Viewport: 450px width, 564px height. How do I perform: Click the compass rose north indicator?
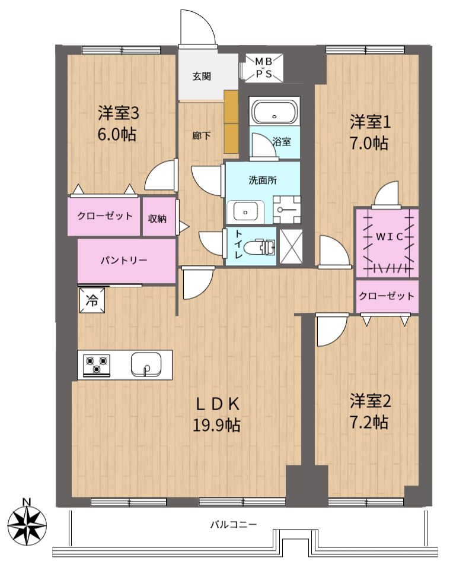(x=27, y=521)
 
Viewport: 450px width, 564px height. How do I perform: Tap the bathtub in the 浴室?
(x=275, y=112)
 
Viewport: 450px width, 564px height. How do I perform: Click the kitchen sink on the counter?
(x=146, y=364)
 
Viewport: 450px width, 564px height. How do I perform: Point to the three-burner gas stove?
(x=97, y=365)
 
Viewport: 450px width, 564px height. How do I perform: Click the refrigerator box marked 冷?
(x=92, y=300)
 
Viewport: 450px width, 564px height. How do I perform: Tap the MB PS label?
(x=264, y=68)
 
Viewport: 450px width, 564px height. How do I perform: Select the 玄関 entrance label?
(x=202, y=76)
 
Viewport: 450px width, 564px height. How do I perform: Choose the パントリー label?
(x=123, y=260)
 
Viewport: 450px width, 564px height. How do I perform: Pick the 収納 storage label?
(x=157, y=218)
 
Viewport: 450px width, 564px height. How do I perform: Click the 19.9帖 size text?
(x=217, y=426)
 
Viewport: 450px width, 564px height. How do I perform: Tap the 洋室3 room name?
(x=119, y=113)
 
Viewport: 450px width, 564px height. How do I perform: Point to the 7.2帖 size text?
(x=369, y=422)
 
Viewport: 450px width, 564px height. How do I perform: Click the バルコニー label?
(x=234, y=524)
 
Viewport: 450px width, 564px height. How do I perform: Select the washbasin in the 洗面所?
(x=245, y=212)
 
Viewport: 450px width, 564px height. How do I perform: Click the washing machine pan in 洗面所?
(x=286, y=210)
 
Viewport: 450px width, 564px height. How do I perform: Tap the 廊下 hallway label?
(x=202, y=135)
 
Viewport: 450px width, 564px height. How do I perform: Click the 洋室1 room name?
(x=370, y=123)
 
